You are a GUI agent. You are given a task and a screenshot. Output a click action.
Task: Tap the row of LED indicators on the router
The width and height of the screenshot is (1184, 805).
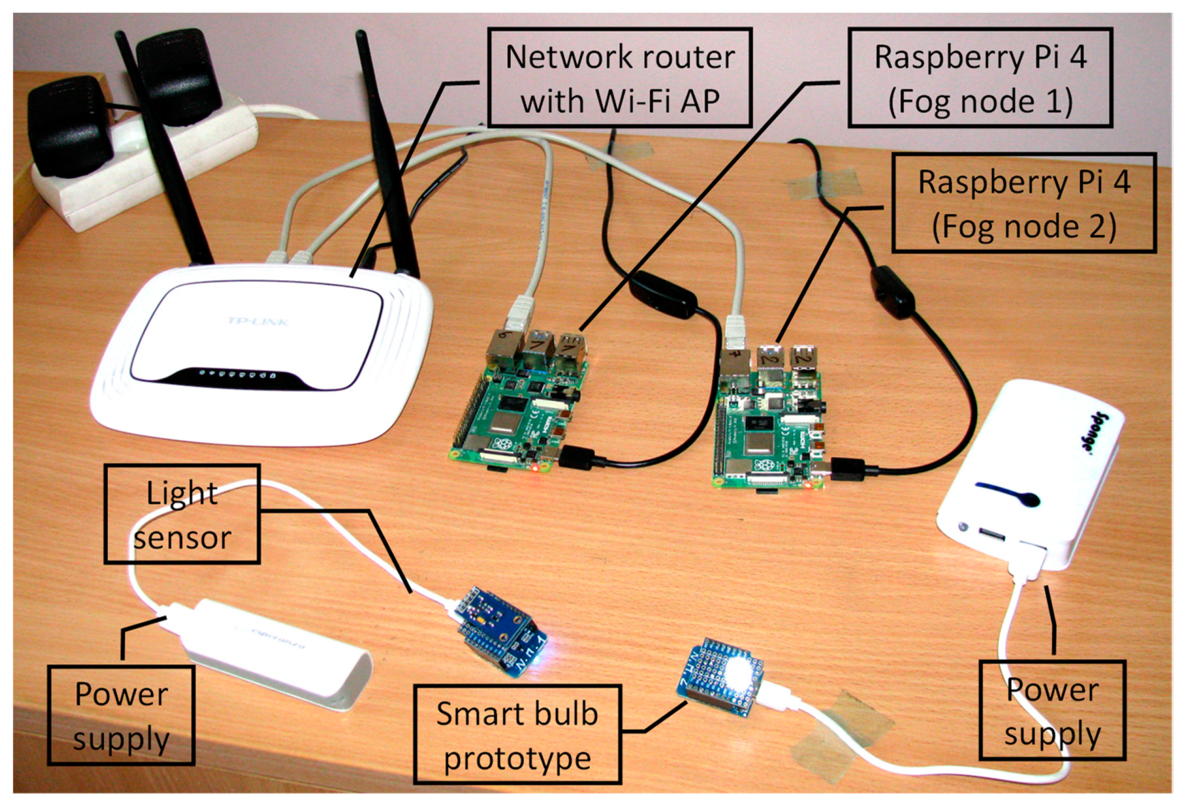point(237,373)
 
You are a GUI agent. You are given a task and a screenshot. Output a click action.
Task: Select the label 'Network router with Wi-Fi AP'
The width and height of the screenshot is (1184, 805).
point(619,78)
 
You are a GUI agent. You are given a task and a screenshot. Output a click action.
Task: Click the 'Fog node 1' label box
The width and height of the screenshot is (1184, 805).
point(980,78)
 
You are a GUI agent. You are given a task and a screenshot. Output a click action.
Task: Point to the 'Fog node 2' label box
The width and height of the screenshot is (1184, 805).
point(1023,203)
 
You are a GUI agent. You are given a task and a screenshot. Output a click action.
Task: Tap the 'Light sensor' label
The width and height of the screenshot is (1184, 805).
point(182,514)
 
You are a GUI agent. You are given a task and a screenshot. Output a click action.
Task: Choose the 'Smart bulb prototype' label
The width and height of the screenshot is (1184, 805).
point(517,735)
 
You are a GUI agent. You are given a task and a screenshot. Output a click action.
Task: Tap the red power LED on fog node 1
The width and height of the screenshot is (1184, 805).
point(535,468)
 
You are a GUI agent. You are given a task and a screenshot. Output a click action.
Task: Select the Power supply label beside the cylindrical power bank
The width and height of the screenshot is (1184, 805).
point(121,715)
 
